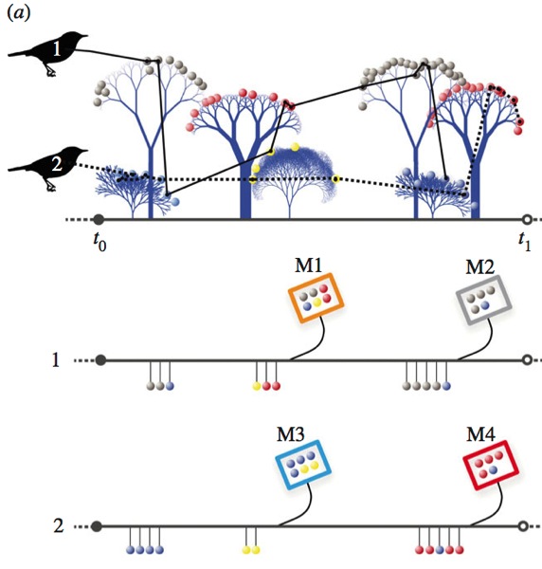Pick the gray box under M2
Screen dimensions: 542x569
[x=483, y=300]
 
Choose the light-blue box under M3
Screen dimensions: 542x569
[x=303, y=465]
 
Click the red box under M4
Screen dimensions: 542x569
[x=491, y=465]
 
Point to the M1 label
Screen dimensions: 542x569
[x=308, y=266]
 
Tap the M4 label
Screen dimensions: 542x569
[x=480, y=434]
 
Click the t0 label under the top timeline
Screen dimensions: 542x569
[x=99, y=241]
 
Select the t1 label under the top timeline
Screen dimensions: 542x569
[x=525, y=241]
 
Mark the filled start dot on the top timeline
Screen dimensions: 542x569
[x=99, y=220]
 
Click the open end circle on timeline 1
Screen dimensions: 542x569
[x=528, y=360]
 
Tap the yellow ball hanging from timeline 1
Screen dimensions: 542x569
[x=257, y=386]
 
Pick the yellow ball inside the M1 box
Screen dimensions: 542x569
[x=317, y=303]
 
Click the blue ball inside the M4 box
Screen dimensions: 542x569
[x=493, y=470]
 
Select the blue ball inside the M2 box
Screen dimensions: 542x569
[x=485, y=306]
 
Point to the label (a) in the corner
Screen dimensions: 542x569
[x=19, y=13]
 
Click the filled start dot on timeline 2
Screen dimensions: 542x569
[x=97, y=526]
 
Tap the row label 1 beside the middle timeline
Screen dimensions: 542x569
[x=56, y=360]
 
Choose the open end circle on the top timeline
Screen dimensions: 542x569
[x=528, y=220]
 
